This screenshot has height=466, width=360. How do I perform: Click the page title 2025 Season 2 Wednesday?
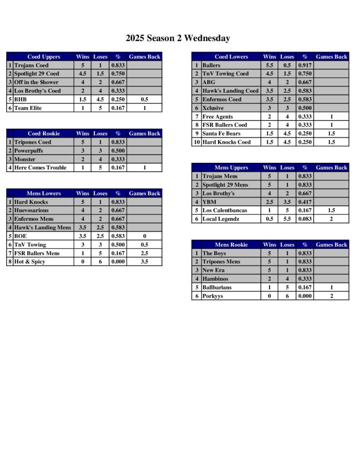178,38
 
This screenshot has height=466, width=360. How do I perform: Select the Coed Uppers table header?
44,57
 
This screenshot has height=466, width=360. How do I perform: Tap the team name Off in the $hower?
36,82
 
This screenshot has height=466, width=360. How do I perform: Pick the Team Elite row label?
28,108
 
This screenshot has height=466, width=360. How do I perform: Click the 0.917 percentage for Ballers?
304,66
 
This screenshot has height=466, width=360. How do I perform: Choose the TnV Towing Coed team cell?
225,74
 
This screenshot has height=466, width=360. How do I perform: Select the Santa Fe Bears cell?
221,133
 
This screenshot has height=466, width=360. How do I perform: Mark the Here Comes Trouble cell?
40,167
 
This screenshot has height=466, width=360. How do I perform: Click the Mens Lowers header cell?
44,193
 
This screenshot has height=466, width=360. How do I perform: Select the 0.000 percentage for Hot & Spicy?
118,262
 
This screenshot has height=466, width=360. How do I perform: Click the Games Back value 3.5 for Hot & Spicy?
144,262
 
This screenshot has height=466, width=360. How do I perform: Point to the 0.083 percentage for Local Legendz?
304,219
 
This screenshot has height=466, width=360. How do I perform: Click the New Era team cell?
214,270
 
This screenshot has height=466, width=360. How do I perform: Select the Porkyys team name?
213,296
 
